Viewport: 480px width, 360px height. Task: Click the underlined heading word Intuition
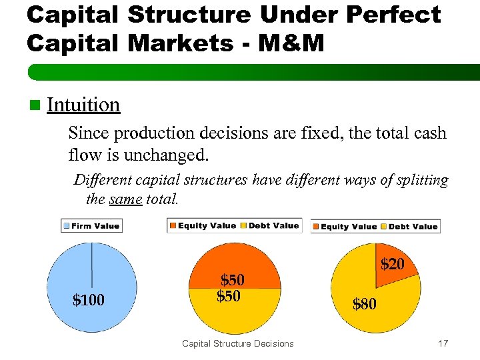pos(83,105)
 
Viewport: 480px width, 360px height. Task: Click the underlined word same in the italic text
pos(125,199)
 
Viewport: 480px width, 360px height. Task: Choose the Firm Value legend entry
pos(91,225)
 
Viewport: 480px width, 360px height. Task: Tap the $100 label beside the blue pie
pos(88,301)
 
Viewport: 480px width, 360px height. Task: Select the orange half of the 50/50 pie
pos(235,263)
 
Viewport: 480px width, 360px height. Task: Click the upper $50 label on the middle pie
pos(233,279)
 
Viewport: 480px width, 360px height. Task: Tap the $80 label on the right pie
pos(365,305)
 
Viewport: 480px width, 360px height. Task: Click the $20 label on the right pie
pos(392,265)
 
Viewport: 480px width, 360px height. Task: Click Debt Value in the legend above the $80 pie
pos(413,227)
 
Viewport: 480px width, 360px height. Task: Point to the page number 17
pos(443,343)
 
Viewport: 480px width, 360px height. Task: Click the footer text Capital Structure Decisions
pos(237,343)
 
